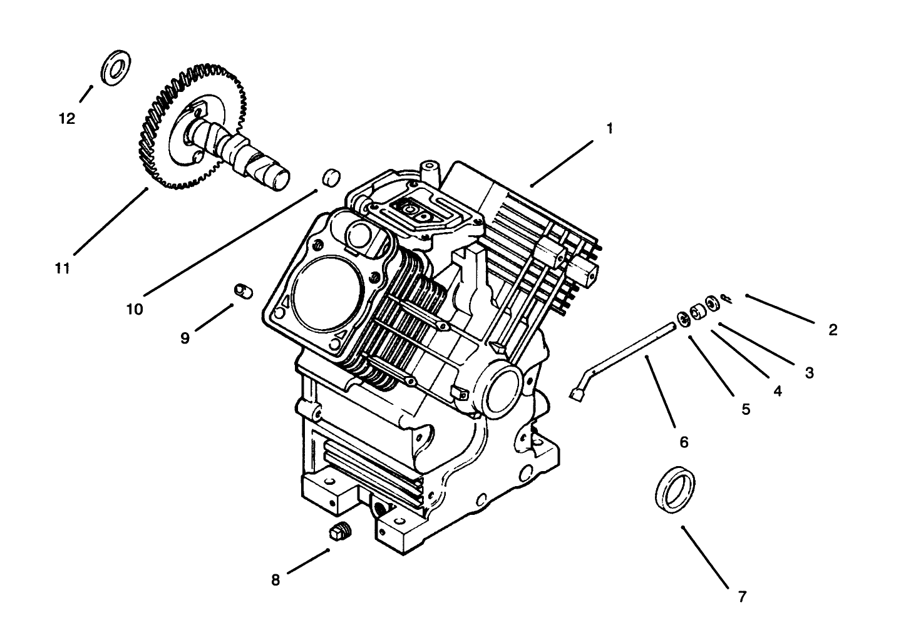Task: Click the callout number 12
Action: (x=67, y=118)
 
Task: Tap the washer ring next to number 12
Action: (x=115, y=68)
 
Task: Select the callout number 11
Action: (x=61, y=268)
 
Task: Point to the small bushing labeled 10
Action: (x=331, y=176)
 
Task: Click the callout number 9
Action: (x=185, y=338)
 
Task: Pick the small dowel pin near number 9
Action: (x=242, y=290)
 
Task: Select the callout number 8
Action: (x=275, y=580)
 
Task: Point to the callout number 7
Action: (x=742, y=596)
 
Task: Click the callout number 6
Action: (x=684, y=442)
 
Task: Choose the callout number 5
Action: (x=746, y=409)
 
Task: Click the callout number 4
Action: (x=777, y=391)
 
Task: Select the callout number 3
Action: (x=809, y=373)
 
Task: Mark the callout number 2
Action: (x=833, y=330)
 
